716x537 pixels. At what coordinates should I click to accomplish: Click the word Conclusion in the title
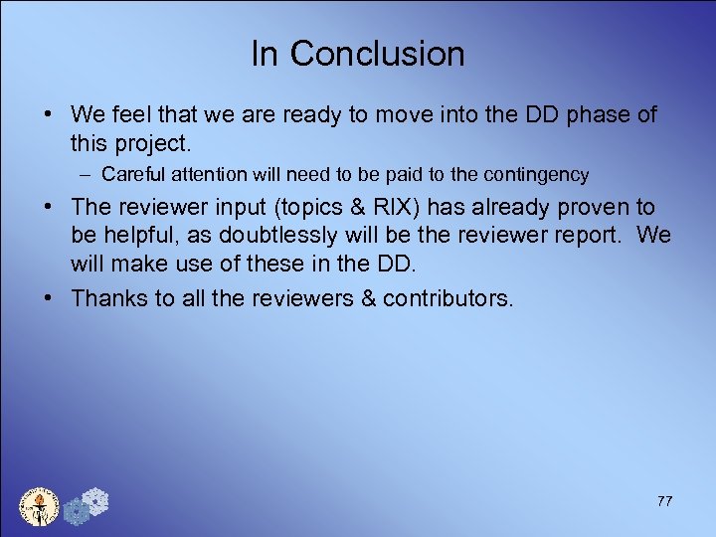377,54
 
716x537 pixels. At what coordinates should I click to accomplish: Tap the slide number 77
664,501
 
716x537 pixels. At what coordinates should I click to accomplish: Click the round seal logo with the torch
41,506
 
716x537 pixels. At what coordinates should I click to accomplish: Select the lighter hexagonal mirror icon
95,500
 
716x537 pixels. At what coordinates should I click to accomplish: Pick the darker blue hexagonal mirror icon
76,512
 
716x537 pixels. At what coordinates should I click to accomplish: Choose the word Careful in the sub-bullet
133,175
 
